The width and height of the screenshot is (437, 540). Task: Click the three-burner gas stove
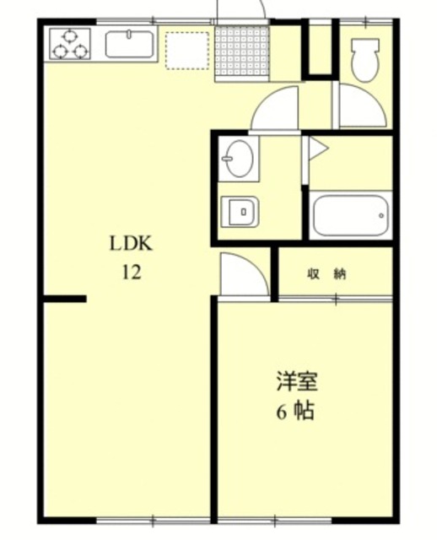[x=69, y=43]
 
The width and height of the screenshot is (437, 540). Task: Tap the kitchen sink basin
[x=129, y=43]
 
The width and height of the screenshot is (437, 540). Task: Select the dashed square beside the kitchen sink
[x=186, y=50]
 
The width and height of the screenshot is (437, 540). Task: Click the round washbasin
[x=239, y=158]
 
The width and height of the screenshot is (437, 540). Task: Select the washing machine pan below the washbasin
[x=239, y=210]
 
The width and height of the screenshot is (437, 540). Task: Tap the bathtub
[x=350, y=216]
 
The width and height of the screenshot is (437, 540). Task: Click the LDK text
[x=130, y=246]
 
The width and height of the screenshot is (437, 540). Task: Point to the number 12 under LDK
[x=130, y=273]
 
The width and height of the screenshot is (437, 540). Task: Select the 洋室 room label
[x=295, y=381]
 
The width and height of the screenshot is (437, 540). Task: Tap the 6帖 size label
[x=295, y=412]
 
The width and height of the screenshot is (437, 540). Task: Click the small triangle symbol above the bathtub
[x=316, y=149]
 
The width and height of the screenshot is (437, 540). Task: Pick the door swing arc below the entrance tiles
[x=276, y=108]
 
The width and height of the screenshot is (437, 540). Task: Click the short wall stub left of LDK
[x=65, y=299]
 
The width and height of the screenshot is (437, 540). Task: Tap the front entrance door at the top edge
[x=241, y=10]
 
